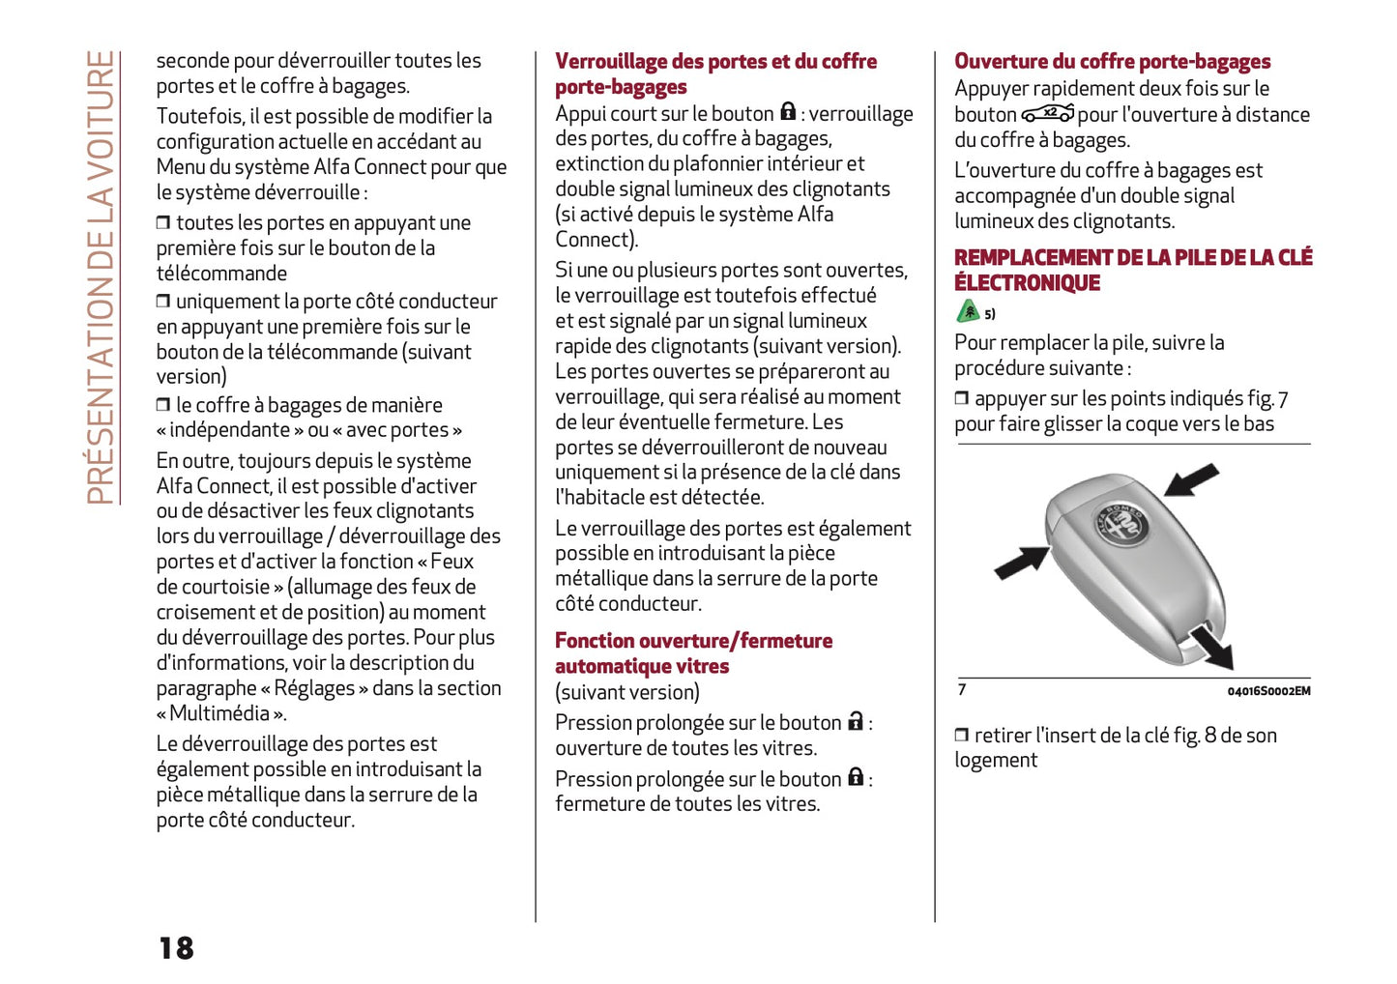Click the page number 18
pyautogui.click(x=177, y=948)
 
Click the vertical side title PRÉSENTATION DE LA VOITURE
pyautogui.click(x=102, y=277)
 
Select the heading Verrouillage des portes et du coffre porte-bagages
pyautogui.click(x=715, y=73)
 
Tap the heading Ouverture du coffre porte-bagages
pyautogui.click(x=1112, y=62)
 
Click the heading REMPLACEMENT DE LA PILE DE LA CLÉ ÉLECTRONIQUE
pyautogui.click(x=1132, y=270)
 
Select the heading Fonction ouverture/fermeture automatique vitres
pyautogui.click(x=692, y=652)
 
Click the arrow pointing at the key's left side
pyautogui.click(x=1021, y=562)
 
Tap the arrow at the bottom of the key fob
pyautogui.click(x=1212, y=647)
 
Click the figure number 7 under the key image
pyautogui.click(x=962, y=689)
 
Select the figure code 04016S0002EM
pyautogui.click(x=1268, y=691)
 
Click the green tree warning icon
pyautogui.click(x=968, y=311)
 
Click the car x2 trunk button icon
pyautogui.click(x=1048, y=114)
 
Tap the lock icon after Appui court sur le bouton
pyautogui.click(x=788, y=112)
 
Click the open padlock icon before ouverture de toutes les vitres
pyautogui.click(x=855, y=721)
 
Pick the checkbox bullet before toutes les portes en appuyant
pyautogui.click(x=163, y=223)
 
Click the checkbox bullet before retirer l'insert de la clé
pyautogui.click(x=962, y=736)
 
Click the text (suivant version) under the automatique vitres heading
pyautogui.click(x=626, y=692)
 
